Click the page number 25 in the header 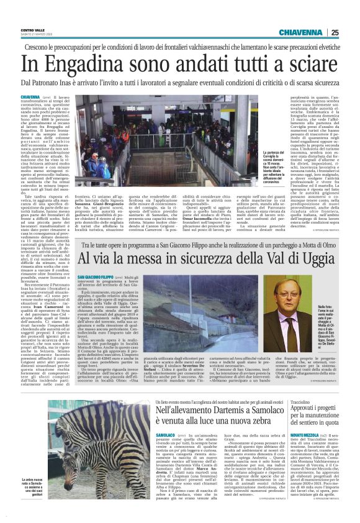click(352, 32)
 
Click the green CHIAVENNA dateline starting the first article click(31, 98)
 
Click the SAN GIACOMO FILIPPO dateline click(96, 276)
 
